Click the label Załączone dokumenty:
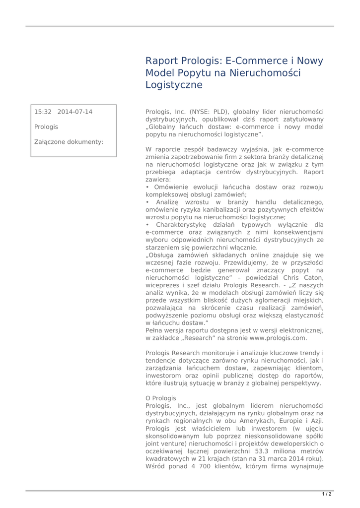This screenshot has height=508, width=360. coord(69,142)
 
